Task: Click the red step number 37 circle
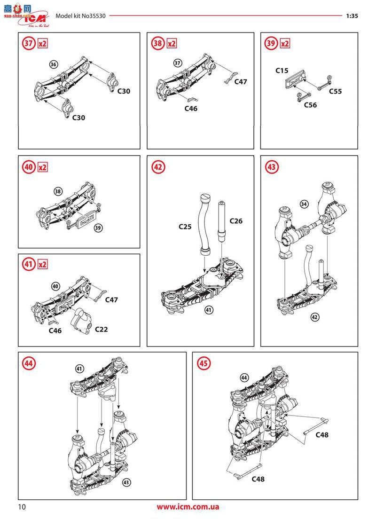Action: pos(29,43)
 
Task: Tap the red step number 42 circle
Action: pos(158,167)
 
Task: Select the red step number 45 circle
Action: pos(204,363)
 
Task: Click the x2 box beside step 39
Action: pos(285,43)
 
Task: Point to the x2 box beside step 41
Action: pos(42,265)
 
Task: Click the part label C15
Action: pos(282,71)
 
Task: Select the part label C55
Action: pos(335,91)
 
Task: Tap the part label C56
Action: pos(311,105)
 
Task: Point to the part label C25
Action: pos(185,227)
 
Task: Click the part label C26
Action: pos(236,221)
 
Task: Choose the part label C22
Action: pos(101,330)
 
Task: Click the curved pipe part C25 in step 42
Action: pos(203,225)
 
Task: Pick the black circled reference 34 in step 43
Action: pos(304,204)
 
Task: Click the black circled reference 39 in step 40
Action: pos(98,228)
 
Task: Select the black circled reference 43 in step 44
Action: pos(126,482)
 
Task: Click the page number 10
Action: pos(22,507)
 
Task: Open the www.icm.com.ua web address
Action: pos(188,507)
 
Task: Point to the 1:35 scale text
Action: pos(352,16)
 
